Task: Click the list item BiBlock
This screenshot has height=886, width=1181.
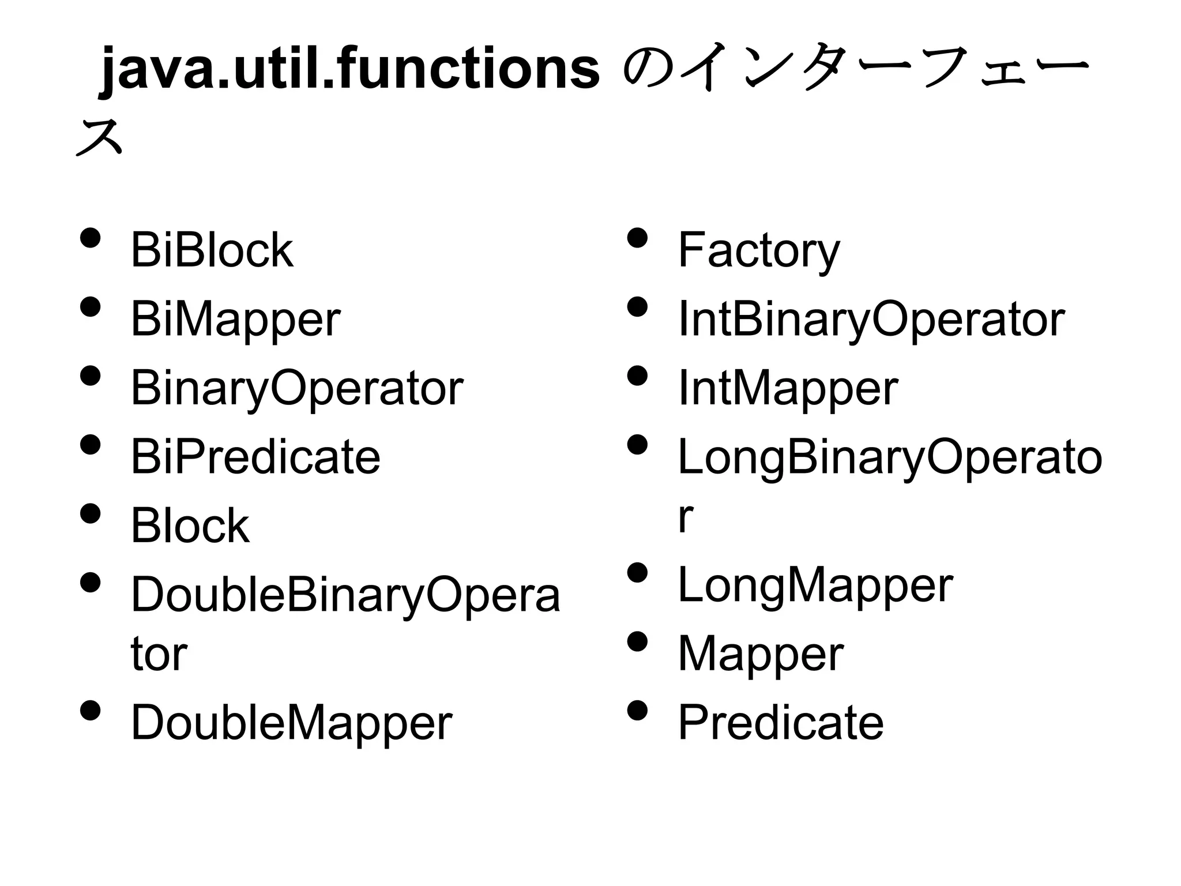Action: [x=212, y=250]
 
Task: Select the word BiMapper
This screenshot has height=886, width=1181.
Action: [x=235, y=320]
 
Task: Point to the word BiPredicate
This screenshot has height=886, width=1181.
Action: [x=255, y=457]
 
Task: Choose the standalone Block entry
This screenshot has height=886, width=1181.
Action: [x=190, y=526]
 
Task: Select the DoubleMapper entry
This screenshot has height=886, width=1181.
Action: [x=291, y=723]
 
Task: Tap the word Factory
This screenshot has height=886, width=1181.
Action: [x=758, y=250]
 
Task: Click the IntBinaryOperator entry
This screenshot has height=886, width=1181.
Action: [x=871, y=320]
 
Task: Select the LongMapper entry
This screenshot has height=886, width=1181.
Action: [x=815, y=585]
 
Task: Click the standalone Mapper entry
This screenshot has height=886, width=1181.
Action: [x=761, y=654]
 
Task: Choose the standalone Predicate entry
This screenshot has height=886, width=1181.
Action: [x=781, y=723]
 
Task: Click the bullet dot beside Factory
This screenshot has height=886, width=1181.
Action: [x=637, y=238]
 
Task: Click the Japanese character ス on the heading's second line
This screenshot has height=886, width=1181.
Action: [x=99, y=138]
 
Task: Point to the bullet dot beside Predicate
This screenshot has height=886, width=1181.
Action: [x=637, y=711]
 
